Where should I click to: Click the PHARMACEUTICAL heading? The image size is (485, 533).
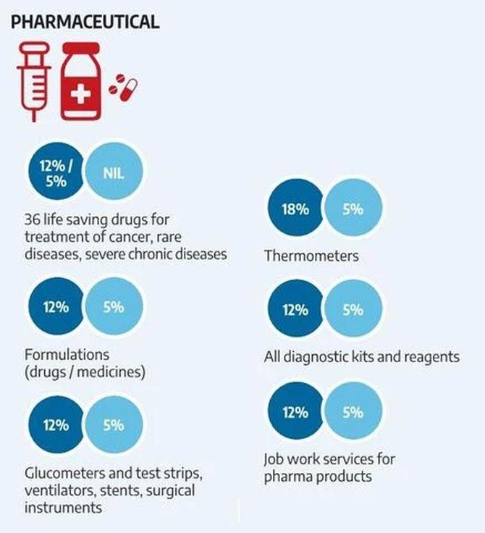84,21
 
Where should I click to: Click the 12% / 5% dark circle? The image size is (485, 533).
54,173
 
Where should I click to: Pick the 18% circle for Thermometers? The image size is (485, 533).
295,211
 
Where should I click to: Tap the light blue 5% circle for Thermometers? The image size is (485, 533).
353,211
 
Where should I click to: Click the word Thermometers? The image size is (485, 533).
311,256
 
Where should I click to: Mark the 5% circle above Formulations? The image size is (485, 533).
114,307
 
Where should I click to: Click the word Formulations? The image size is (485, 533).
67,355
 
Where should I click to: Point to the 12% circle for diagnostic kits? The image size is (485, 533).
295,309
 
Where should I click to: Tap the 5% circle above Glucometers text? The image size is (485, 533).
114,425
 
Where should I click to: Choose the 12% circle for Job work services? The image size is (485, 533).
295,413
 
